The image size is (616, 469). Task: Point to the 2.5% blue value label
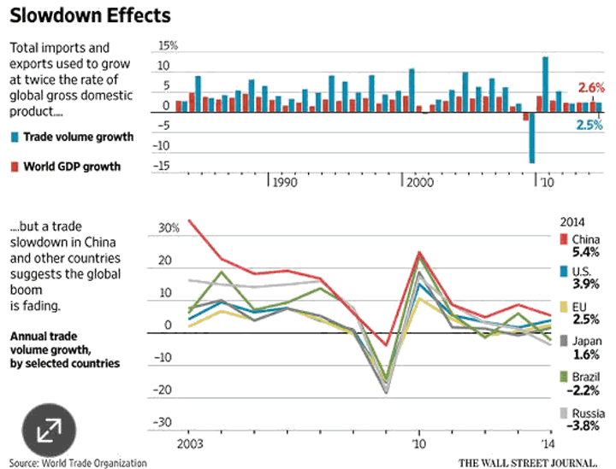[589, 125]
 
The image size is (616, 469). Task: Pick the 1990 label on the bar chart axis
[286, 183]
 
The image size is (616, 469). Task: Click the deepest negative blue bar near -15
[532, 138]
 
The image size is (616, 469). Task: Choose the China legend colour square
[563, 238]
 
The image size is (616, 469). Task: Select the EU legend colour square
[563, 307]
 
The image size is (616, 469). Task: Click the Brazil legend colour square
[563, 375]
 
